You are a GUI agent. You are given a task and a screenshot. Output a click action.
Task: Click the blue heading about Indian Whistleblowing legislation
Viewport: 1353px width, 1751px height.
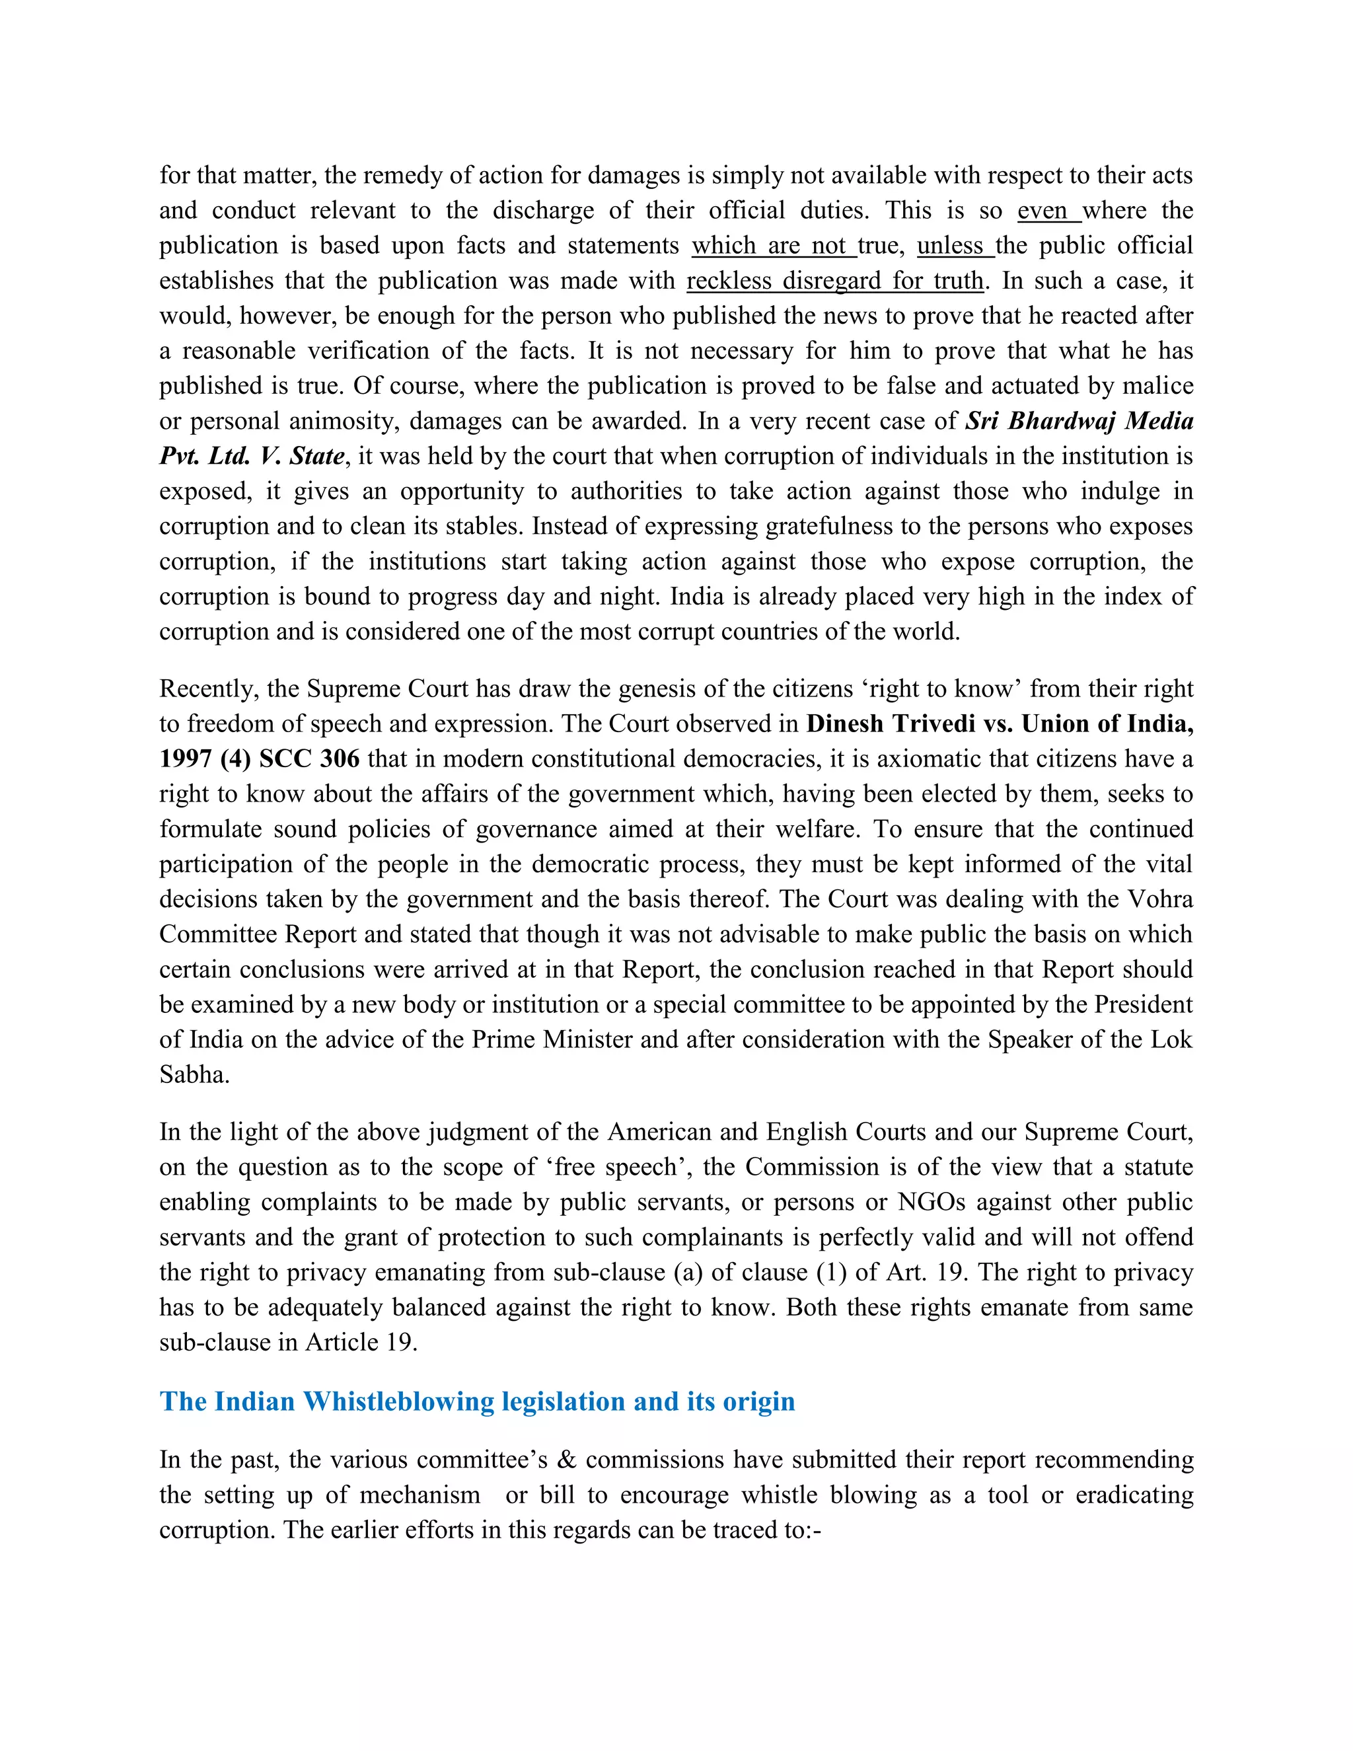coord(477,1401)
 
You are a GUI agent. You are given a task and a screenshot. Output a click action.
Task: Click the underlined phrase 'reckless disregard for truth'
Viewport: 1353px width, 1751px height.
coord(834,281)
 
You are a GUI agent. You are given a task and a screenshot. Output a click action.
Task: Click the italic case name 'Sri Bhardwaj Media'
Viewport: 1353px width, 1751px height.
coord(1079,421)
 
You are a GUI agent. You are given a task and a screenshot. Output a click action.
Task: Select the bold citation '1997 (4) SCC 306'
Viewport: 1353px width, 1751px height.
coord(259,759)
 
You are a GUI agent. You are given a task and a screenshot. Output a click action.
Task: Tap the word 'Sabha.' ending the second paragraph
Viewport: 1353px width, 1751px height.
coord(194,1074)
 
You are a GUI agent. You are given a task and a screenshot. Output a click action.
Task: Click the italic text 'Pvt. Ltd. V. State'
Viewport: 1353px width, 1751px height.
coord(252,456)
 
